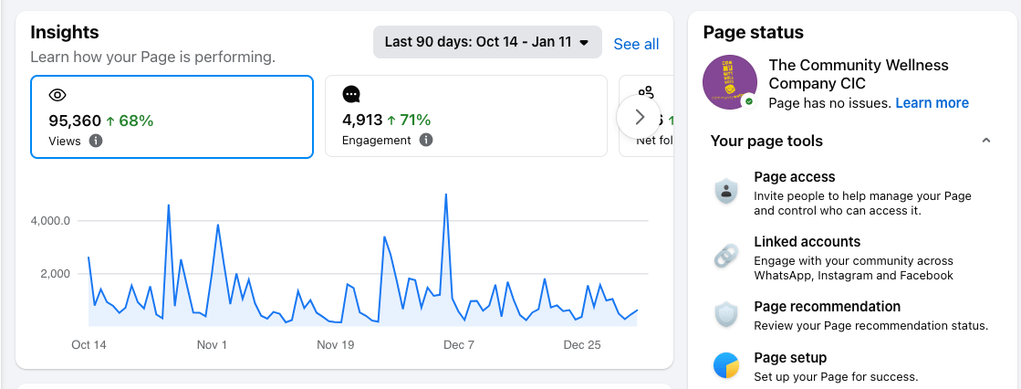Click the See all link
(x=636, y=44)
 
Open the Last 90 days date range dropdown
(x=487, y=42)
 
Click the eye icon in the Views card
(x=57, y=95)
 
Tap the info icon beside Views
(x=96, y=141)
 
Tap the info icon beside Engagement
(x=426, y=141)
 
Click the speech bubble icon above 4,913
(x=351, y=95)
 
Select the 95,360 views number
(x=75, y=120)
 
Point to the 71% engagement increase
(x=409, y=120)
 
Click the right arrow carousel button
(x=639, y=117)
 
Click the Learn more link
(x=932, y=103)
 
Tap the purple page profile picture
(x=730, y=83)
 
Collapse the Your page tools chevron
(x=985, y=141)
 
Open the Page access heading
(x=794, y=177)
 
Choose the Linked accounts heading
(x=807, y=242)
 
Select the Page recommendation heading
(x=827, y=307)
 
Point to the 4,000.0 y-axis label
(x=50, y=221)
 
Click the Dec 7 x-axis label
(x=458, y=345)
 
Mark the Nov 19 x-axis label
(x=335, y=345)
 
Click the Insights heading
(x=65, y=32)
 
